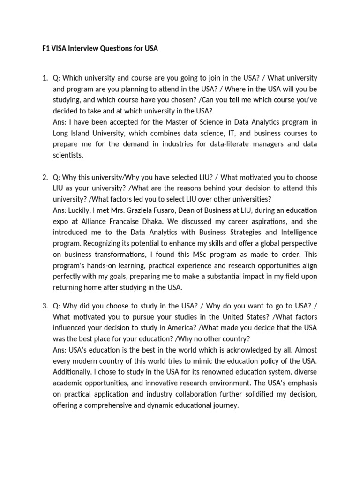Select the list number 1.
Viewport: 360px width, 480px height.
[x=45, y=77]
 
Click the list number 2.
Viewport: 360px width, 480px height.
[x=45, y=177]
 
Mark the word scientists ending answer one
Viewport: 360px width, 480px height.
[x=68, y=155]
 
